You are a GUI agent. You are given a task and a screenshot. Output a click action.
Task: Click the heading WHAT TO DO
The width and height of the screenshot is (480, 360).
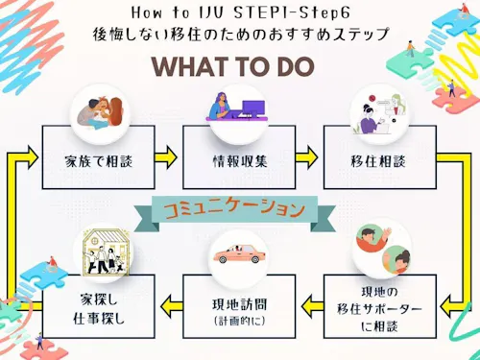233,66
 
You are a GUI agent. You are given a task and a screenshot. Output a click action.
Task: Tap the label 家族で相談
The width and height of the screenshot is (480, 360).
99,161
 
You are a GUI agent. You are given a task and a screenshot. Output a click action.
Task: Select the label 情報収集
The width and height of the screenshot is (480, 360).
240,161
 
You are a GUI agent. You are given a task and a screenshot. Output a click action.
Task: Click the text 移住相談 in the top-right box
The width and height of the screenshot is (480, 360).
378,161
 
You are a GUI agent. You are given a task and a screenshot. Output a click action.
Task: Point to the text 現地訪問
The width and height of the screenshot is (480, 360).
239,304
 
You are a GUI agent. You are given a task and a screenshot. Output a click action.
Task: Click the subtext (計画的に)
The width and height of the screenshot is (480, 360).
240,321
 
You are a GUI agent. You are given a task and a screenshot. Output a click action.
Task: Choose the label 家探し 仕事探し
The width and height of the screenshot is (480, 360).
99,309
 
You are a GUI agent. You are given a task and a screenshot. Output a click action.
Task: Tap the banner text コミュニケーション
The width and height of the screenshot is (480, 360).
234,209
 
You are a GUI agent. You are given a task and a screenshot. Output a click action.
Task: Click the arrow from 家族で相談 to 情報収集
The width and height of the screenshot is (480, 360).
166,157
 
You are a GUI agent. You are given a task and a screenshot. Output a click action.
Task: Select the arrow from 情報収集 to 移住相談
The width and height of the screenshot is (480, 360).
306,157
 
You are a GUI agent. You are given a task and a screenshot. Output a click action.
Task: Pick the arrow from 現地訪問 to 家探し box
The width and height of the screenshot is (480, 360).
172,306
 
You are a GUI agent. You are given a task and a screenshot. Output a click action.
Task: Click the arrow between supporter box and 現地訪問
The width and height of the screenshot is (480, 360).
313,306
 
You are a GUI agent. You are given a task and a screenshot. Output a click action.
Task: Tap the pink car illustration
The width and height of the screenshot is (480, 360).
239,253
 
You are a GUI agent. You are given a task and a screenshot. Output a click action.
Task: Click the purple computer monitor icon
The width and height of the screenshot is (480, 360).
253,108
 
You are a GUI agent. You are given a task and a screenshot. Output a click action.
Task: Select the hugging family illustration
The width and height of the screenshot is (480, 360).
100,113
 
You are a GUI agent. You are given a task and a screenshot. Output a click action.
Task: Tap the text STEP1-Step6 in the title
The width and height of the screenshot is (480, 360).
292,12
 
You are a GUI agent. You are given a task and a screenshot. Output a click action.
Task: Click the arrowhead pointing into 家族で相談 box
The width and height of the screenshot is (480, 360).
33,156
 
